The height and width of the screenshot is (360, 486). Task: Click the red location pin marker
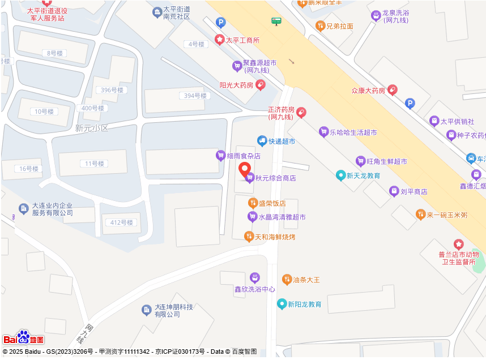tap(245, 169)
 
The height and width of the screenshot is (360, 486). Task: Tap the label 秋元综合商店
tap(275, 178)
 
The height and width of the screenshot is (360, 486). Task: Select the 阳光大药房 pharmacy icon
tap(261, 85)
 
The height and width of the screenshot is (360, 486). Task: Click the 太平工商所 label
tap(242, 40)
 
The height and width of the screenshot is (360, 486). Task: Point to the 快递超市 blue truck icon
tap(262, 140)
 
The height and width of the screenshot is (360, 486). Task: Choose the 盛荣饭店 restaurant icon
tap(253, 203)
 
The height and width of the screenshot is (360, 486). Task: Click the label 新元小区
tap(91, 128)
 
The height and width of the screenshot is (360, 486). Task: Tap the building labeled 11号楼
tap(95, 164)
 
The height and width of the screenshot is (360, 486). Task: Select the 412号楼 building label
tap(122, 222)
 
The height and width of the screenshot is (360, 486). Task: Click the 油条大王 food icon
tap(287, 280)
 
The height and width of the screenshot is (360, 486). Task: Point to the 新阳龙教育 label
tap(304, 305)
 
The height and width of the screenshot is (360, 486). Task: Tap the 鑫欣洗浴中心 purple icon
tap(255, 277)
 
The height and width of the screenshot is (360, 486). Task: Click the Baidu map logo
tap(23, 338)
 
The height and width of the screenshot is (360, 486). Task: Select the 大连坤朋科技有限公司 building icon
tap(146, 310)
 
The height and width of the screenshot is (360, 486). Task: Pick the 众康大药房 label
tap(368, 91)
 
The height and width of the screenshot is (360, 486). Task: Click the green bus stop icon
tap(276, 22)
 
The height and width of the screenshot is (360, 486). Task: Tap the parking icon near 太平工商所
tap(221, 23)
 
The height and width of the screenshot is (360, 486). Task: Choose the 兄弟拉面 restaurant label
tap(340, 26)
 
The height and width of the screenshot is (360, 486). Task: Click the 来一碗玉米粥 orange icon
tap(420, 215)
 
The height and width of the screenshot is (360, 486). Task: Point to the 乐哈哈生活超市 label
tap(353, 132)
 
